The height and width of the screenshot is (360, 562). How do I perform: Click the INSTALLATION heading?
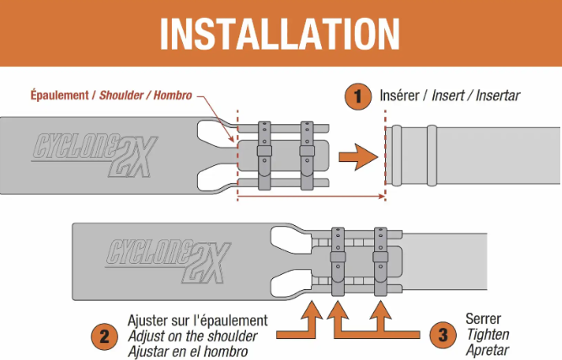(x=280, y=34)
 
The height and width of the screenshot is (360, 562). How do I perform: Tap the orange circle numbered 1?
(x=358, y=96)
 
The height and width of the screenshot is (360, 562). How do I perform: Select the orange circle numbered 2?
(x=104, y=336)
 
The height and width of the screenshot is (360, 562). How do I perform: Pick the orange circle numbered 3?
(x=443, y=335)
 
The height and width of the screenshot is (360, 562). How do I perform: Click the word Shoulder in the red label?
(x=121, y=95)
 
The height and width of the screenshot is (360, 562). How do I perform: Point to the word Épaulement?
(x=60, y=95)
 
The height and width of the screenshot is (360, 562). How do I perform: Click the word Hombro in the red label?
(x=173, y=95)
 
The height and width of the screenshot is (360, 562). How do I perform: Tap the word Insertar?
(x=498, y=96)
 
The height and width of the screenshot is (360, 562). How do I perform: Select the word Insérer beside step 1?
(x=399, y=95)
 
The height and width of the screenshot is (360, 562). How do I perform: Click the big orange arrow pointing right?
(x=358, y=157)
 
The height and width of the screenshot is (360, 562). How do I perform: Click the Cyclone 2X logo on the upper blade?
(x=95, y=155)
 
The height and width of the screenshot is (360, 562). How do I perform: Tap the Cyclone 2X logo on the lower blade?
(x=169, y=261)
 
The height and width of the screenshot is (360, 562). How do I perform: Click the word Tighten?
(x=488, y=335)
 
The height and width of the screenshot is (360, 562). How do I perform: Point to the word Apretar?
(x=488, y=350)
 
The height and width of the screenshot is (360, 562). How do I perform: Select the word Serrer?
(x=483, y=319)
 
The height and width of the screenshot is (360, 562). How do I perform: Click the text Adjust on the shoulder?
(x=192, y=336)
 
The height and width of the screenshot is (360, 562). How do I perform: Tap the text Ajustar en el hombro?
(x=188, y=352)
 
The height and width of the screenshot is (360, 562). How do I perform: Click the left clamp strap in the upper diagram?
(x=265, y=156)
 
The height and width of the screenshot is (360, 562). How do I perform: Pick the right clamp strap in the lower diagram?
(x=380, y=261)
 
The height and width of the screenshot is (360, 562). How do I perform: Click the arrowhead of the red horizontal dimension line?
(x=384, y=196)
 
